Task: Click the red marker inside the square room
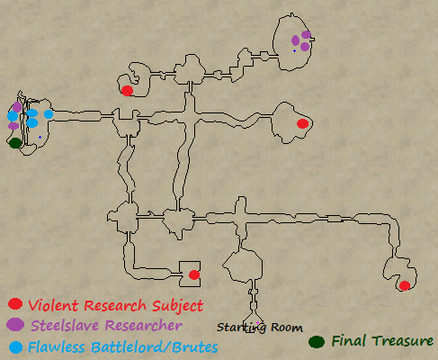pyautogui.click(x=194, y=274)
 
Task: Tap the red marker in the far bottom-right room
pyautogui.click(x=405, y=285)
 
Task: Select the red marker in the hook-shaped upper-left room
pyautogui.click(x=127, y=91)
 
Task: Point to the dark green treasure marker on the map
pyautogui.click(x=15, y=143)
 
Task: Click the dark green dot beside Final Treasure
pyautogui.click(x=317, y=342)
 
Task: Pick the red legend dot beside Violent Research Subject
pyautogui.click(x=15, y=304)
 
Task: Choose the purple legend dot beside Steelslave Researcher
pyautogui.click(x=15, y=325)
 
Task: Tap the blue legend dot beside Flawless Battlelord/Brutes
pyautogui.click(x=15, y=347)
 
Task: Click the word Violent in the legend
pyautogui.click(x=54, y=305)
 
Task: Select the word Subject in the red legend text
pyautogui.click(x=177, y=306)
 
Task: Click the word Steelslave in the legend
pyautogui.click(x=65, y=326)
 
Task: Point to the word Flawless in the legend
pyautogui.click(x=57, y=347)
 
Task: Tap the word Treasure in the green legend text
pyautogui.click(x=403, y=341)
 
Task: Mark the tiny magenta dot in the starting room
pyautogui.click(x=257, y=323)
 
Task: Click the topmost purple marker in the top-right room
pyautogui.click(x=306, y=34)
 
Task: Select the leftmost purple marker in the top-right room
pyautogui.click(x=295, y=40)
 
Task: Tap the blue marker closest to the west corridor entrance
pyautogui.click(x=49, y=114)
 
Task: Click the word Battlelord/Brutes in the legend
pyautogui.click(x=155, y=347)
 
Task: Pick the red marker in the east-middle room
pyautogui.click(x=302, y=123)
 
